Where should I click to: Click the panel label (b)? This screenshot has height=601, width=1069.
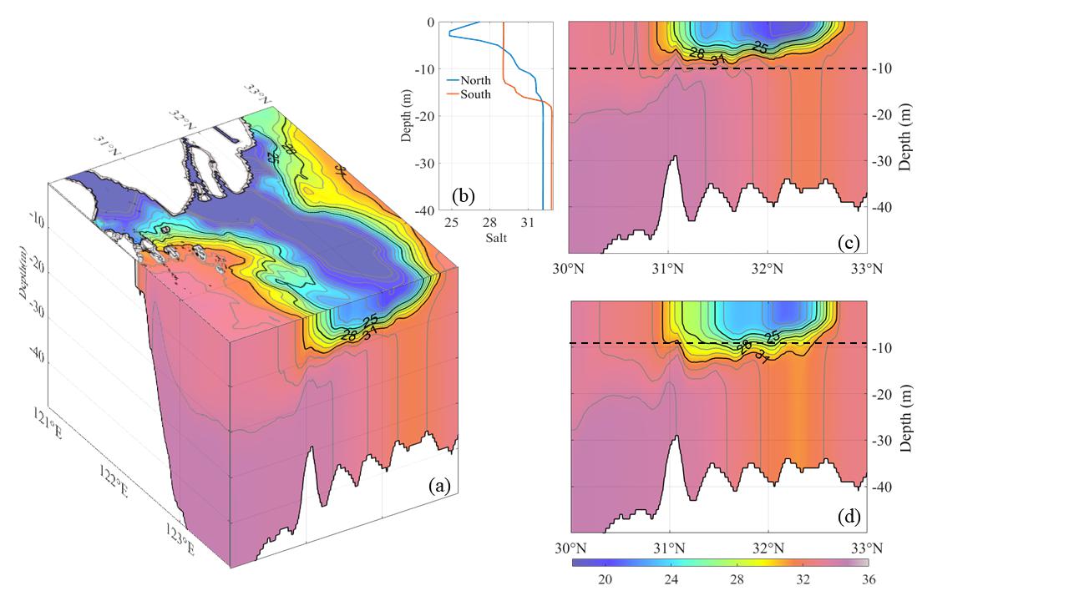coord(464,196)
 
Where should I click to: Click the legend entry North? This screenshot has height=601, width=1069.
coord(474,81)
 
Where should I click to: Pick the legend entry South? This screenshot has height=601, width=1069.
coord(474,94)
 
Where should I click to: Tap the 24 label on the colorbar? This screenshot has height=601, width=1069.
coord(677,579)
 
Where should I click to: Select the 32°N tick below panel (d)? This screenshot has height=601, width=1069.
coord(768,548)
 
